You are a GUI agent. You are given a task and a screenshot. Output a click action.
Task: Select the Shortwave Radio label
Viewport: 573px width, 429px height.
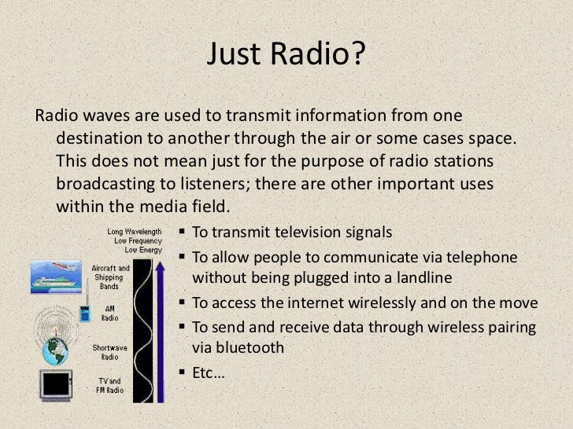pyautogui.click(x=105, y=351)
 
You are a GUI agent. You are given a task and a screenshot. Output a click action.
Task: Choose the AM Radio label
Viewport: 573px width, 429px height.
pyautogui.click(x=109, y=313)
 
